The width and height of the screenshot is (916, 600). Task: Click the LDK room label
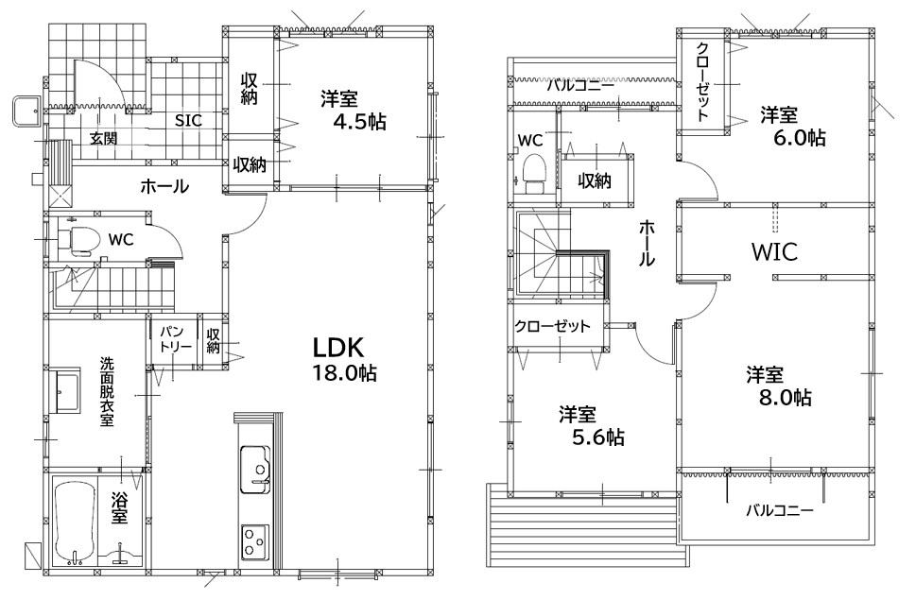(x=338, y=348)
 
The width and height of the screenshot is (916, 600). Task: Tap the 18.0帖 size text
(x=345, y=373)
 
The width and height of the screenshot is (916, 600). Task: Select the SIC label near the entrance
(x=189, y=121)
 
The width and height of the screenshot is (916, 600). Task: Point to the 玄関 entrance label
(x=103, y=138)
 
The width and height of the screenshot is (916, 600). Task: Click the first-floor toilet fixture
(x=76, y=241)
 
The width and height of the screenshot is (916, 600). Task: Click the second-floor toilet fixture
(x=534, y=173)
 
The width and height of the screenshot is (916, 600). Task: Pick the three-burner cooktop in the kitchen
(x=255, y=541)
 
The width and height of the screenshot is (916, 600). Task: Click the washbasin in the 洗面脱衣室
(x=67, y=390)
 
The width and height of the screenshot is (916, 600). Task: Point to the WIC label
(x=774, y=252)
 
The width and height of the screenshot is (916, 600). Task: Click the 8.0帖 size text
(x=786, y=398)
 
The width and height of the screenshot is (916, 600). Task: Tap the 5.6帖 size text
(x=597, y=437)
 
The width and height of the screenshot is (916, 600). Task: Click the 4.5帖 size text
(x=359, y=122)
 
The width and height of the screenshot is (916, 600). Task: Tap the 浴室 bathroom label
(x=119, y=507)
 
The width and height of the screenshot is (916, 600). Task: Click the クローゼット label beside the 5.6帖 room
(x=552, y=326)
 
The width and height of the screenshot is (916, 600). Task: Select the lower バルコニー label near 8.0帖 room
(x=780, y=511)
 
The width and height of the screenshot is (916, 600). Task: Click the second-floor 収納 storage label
(x=595, y=180)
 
